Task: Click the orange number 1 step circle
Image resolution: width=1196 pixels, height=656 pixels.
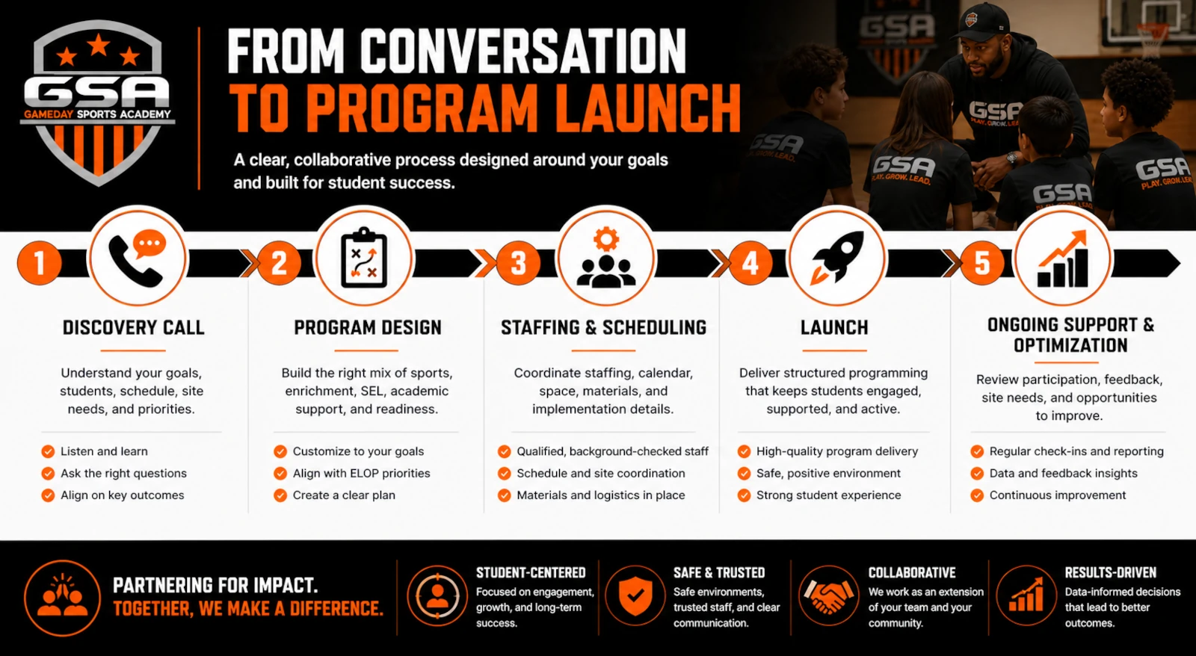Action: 40,262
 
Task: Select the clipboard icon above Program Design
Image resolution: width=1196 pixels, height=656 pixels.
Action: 364,258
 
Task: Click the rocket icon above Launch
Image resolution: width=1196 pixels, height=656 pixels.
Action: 836,257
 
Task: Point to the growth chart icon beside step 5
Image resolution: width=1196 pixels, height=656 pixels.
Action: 1062,259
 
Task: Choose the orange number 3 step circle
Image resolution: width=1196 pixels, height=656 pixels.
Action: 518,262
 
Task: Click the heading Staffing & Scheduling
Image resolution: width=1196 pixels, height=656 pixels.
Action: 603,327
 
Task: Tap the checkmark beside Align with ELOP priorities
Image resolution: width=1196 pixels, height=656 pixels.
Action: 280,474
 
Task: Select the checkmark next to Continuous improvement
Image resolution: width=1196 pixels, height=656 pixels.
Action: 977,495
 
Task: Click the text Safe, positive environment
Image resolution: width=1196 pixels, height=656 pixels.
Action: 828,474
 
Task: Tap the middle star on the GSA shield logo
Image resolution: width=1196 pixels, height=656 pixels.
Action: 99,45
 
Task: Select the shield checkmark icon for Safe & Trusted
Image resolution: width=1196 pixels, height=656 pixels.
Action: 635,596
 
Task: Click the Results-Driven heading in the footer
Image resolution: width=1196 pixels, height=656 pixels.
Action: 1111,573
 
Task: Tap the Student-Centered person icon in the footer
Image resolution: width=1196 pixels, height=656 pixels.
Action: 437,595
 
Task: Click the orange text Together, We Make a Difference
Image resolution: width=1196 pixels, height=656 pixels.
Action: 248,608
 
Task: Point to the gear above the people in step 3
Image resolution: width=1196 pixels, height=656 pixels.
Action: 606,239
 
